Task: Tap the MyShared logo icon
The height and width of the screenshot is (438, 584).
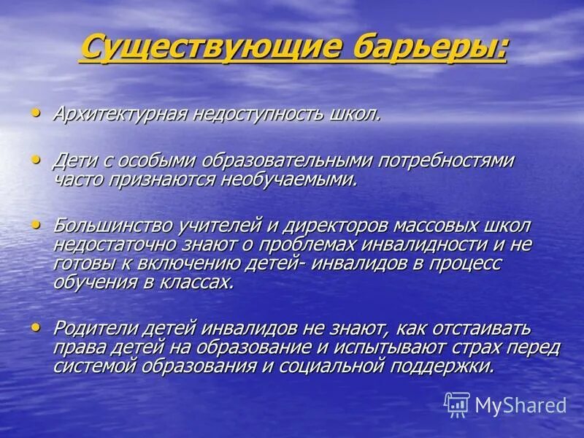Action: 457,404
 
